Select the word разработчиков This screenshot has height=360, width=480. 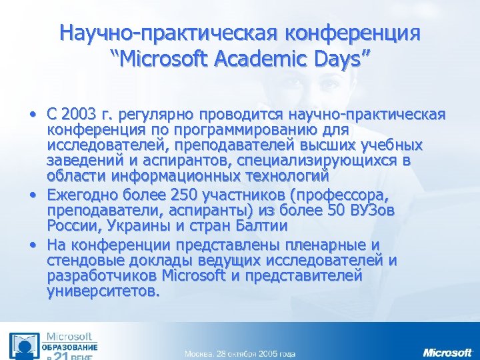(96, 275)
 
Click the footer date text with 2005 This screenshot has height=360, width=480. (240, 353)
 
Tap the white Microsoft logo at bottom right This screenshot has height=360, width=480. (447, 352)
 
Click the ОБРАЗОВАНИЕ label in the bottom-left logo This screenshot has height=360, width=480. (71, 348)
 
